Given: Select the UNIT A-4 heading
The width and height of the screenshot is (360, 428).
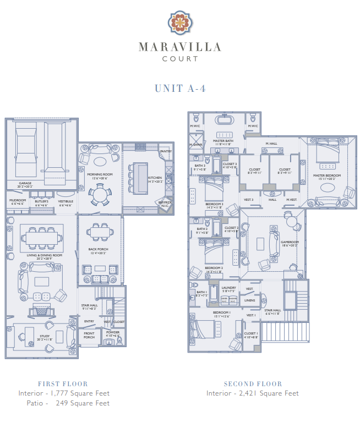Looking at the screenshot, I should pyautogui.click(x=180, y=89).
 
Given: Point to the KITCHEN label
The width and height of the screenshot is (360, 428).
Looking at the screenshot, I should pyautogui.click(x=155, y=178).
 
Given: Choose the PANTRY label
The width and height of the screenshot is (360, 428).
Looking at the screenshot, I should pyautogui.click(x=166, y=151).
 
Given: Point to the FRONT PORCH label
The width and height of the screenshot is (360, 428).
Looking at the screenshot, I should pyautogui.click(x=89, y=335).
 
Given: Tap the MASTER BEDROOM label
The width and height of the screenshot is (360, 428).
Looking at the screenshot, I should pyautogui.click(x=327, y=175).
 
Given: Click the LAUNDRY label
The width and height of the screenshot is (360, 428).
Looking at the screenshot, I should pyautogui.click(x=228, y=288).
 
